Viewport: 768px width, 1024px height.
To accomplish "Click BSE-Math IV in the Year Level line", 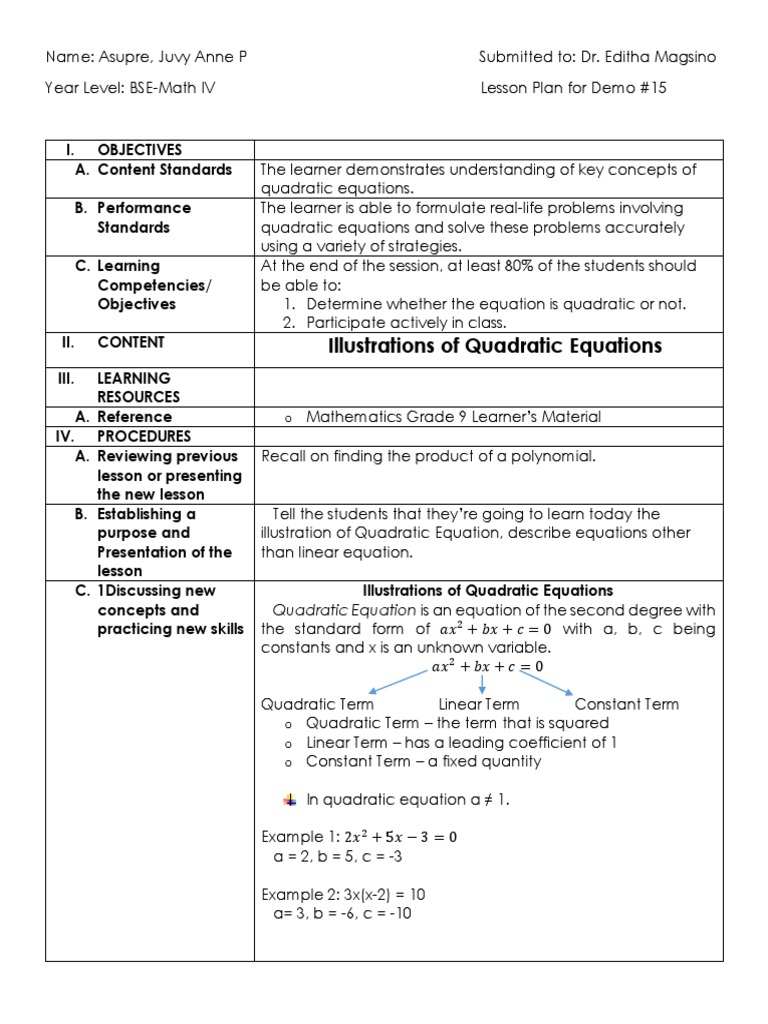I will (171, 88).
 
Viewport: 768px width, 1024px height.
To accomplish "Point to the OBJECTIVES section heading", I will (140, 150).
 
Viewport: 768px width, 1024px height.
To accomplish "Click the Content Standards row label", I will (165, 170).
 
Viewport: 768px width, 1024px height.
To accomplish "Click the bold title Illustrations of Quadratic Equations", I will (495, 346).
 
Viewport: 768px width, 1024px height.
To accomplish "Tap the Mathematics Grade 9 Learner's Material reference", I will (454, 417).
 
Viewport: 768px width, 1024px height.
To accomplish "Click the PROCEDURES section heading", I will (144, 436).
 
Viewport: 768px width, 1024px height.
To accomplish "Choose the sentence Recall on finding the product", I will (428, 456).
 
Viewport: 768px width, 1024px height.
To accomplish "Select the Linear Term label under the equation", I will (479, 704).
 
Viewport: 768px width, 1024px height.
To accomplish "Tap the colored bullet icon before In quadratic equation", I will (290, 799).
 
